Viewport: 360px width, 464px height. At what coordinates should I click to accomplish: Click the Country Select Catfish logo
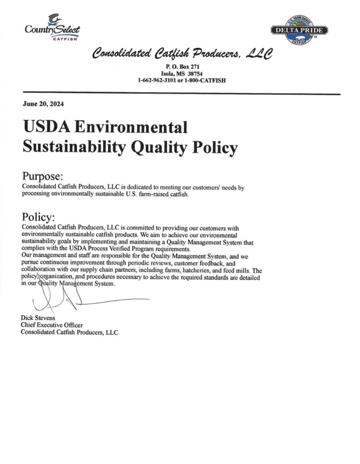52,28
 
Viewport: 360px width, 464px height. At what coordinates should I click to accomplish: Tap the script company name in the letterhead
182,56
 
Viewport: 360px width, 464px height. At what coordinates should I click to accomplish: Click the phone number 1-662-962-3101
161,81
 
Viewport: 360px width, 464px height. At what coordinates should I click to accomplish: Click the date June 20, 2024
44,104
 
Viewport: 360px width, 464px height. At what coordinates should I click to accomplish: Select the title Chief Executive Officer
52,325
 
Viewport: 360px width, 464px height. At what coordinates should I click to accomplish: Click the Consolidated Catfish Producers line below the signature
69,332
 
